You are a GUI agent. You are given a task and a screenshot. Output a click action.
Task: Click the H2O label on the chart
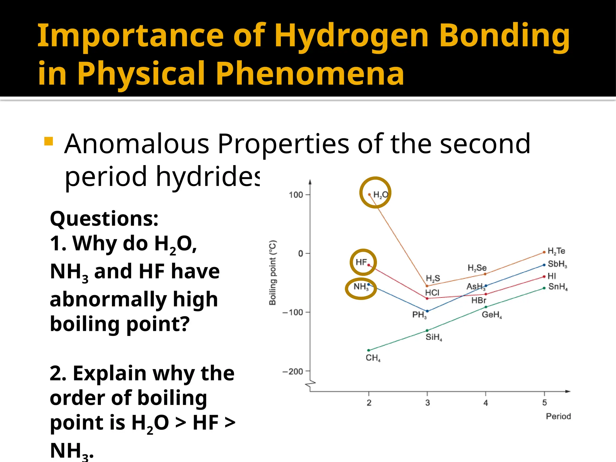click(x=380, y=195)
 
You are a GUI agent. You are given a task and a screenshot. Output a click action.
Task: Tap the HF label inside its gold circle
click(x=361, y=262)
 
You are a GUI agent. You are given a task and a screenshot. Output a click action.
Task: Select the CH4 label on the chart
click(x=373, y=358)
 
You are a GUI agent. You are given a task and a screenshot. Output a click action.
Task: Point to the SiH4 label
click(x=434, y=337)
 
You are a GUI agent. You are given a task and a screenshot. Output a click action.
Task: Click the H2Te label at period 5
click(x=556, y=251)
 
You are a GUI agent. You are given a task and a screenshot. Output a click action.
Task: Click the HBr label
click(x=479, y=300)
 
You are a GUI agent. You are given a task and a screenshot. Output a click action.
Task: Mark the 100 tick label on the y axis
click(x=296, y=195)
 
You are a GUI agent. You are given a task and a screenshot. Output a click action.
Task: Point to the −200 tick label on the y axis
click(x=293, y=372)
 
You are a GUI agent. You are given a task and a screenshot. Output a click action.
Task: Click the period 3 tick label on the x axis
click(x=427, y=403)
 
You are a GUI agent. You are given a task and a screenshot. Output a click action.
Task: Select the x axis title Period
click(x=558, y=416)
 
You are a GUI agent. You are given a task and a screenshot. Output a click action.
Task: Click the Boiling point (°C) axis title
click(x=273, y=273)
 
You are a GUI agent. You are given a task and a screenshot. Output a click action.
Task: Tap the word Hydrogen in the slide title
click(x=351, y=36)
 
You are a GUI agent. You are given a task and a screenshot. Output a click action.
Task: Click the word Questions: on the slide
click(x=104, y=219)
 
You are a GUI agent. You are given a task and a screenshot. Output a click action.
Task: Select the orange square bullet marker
click(x=48, y=141)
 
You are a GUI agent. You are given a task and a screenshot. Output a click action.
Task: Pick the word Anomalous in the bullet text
click(x=137, y=144)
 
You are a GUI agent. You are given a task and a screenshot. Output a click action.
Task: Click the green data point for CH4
click(x=369, y=350)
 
